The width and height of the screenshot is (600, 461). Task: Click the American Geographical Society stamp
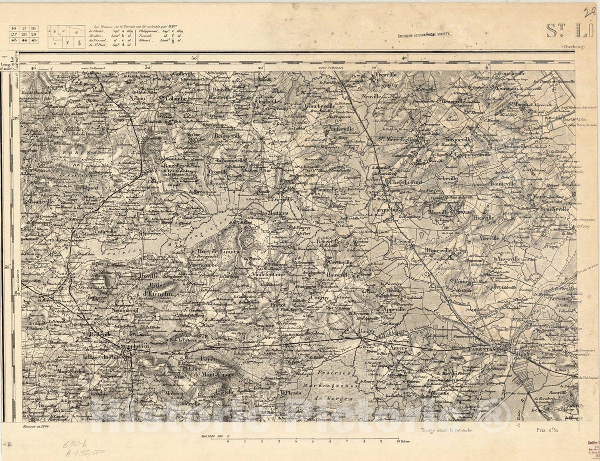click(x=424, y=35)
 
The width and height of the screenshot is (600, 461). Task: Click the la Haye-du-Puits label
click(x=100, y=357)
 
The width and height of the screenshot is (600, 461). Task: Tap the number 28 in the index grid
click(x=23, y=34)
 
